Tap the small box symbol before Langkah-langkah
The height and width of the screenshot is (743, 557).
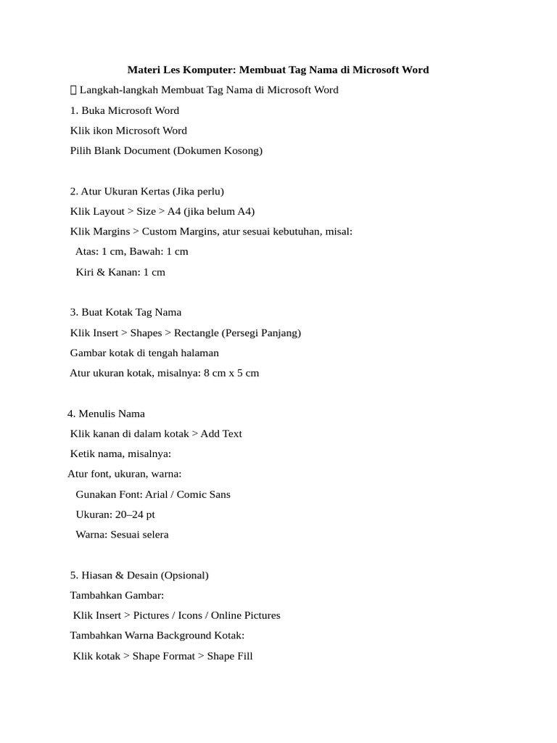[x=73, y=90]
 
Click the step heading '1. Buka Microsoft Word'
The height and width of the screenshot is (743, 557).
[x=125, y=110]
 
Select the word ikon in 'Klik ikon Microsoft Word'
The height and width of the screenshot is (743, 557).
[x=102, y=131]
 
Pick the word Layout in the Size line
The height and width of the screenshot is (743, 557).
[x=109, y=211]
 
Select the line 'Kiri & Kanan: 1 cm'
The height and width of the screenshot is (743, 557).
[x=120, y=272]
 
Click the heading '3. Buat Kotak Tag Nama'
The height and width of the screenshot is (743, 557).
[x=125, y=312]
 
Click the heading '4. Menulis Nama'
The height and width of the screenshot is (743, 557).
[x=106, y=414]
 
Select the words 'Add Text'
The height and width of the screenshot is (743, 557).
[x=221, y=434]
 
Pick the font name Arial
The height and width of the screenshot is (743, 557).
[x=156, y=494]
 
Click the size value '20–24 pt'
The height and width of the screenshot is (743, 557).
[x=135, y=514]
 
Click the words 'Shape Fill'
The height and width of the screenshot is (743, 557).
[x=230, y=656]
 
